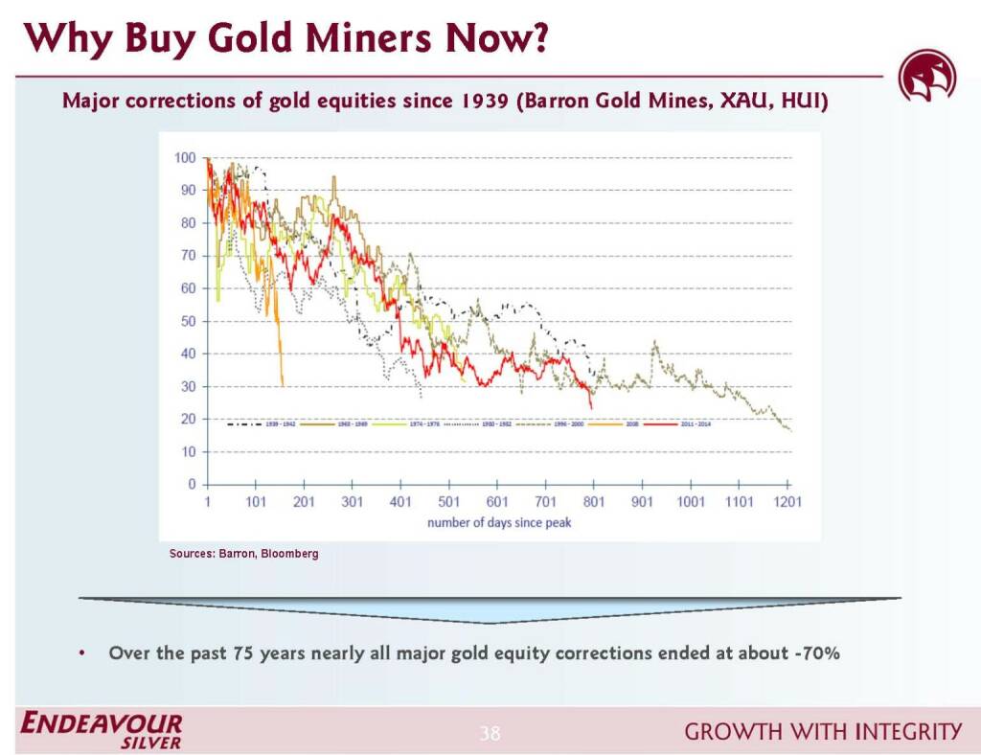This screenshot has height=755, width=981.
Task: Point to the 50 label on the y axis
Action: click(189, 321)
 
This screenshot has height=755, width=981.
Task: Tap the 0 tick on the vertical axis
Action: click(192, 485)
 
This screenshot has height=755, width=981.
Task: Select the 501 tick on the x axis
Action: click(448, 502)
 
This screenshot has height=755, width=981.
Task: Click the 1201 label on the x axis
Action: click(787, 502)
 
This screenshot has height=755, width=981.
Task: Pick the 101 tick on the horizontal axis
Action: click(256, 502)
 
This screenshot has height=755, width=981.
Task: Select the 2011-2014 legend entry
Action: click(671, 422)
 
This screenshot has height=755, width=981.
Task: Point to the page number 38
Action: click(490, 734)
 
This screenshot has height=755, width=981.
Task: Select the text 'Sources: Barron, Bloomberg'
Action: click(243, 554)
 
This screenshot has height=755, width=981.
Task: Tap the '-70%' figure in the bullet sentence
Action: click(815, 653)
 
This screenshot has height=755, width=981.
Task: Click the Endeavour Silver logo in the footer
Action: click(102, 730)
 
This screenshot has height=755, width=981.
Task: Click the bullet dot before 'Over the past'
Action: click(82, 654)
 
